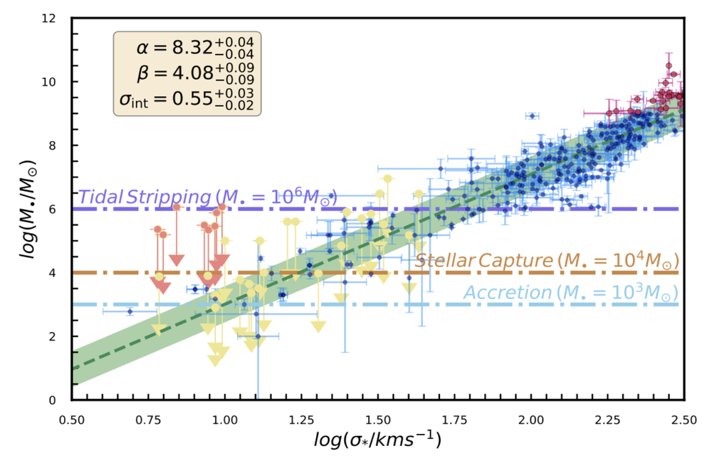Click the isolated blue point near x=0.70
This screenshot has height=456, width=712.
point(130,311)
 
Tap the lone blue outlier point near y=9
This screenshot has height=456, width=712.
point(531,115)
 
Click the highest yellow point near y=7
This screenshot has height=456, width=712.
point(387,178)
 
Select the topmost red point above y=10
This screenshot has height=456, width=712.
point(669,66)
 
